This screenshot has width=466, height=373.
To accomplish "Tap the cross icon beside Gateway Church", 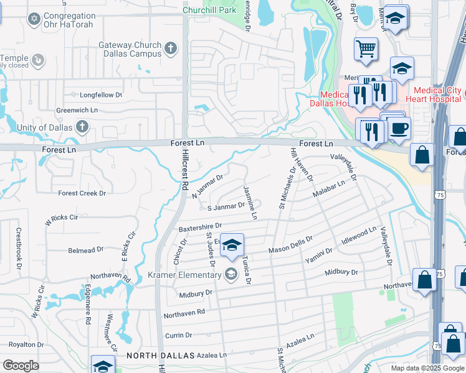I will point(171,47).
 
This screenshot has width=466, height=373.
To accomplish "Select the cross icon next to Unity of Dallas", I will point(81,127).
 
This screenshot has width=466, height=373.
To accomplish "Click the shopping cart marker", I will point(366,49).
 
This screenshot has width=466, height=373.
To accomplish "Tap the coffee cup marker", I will point(399,129).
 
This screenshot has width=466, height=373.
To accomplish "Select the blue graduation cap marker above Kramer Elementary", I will point(232,246).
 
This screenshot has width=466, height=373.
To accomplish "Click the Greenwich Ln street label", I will point(77,110).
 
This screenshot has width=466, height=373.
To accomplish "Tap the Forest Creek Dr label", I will point(82,193).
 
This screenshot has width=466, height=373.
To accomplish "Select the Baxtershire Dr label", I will point(201,228).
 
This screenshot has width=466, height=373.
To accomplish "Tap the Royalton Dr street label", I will point(25,344).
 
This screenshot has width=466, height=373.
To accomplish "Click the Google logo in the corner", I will point(21,366).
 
